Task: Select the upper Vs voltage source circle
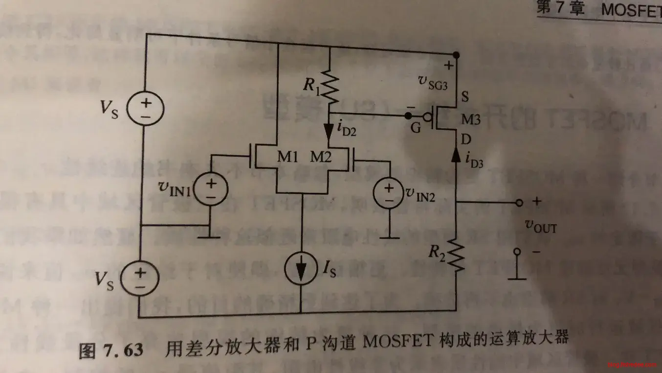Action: point(145,109)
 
